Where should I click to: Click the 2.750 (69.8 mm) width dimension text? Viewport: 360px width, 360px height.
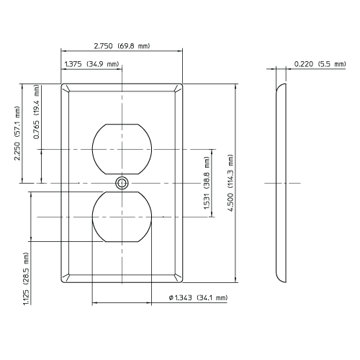coord(122,46)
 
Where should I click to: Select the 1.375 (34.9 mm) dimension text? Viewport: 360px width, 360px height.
coord(91,65)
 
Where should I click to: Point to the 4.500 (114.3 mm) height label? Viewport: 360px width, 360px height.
coord(231,182)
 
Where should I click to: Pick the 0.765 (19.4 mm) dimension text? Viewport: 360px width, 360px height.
coord(37,114)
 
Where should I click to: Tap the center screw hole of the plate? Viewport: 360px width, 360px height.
coord(122,183)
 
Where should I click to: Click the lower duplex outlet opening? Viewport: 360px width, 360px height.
coord(122,217)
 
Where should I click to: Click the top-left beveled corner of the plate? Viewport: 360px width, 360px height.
coord(65,87)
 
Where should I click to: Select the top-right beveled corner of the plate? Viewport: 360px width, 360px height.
coord(180,87)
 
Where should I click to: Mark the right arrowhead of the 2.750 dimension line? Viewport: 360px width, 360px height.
coord(181,51)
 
